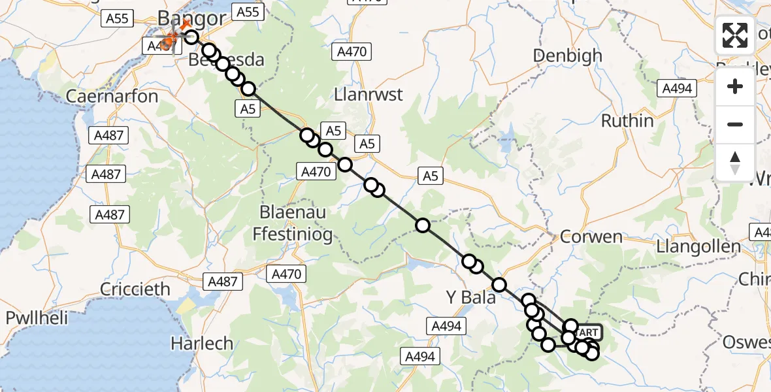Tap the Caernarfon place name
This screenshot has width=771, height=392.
tap(112, 97)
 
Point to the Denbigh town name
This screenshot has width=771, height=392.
tap(567, 56)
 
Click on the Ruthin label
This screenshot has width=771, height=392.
tap(627, 121)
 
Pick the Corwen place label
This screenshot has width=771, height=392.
tap(591, 237)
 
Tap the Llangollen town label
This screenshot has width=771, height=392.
tap(700, 247)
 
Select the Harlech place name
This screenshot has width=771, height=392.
tap(201, 342)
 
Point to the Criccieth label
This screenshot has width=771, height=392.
tap(135, 289)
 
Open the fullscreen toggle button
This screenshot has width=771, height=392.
tap(735, 35)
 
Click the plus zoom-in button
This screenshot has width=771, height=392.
tap(735, 86)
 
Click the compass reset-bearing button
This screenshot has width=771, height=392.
tap(735, 163)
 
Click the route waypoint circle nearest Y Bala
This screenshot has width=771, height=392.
tap(499, 285)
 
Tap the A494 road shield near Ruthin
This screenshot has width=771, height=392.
tap(676, 88)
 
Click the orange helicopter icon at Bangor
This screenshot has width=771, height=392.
tap(169, 41)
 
